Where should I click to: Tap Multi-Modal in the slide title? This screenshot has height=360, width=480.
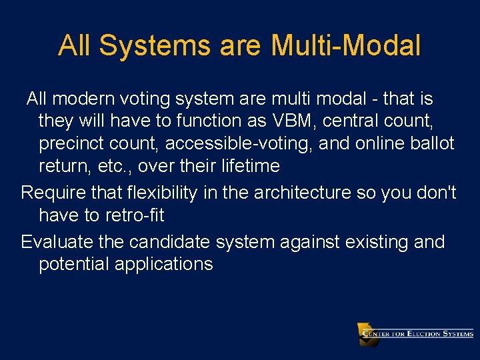pos(346,46)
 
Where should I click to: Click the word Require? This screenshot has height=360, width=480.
pos(51,193)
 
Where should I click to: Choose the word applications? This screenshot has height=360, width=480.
pos(163,265)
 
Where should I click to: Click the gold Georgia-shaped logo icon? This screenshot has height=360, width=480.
pos(367,334)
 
